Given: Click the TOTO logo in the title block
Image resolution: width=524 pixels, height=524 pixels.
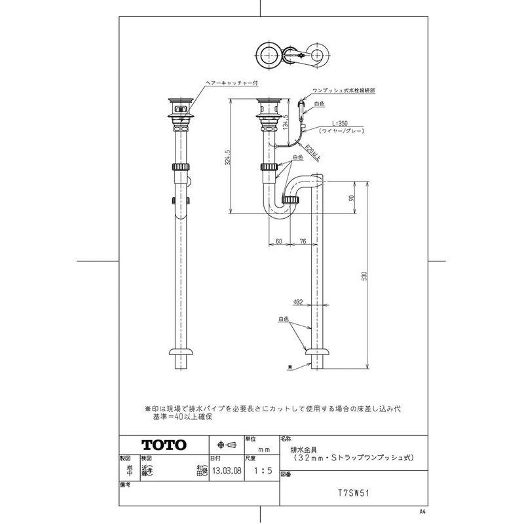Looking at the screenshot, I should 164,445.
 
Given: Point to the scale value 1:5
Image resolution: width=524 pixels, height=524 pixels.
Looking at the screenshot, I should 259,470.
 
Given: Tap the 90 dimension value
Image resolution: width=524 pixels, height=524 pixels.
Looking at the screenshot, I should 352,197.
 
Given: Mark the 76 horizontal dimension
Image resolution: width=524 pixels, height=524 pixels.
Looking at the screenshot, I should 303,241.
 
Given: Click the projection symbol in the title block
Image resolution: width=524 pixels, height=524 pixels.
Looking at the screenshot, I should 221,444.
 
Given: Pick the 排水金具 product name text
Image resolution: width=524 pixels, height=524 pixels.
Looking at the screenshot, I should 302,450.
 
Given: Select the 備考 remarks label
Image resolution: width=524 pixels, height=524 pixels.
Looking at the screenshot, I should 126,485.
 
